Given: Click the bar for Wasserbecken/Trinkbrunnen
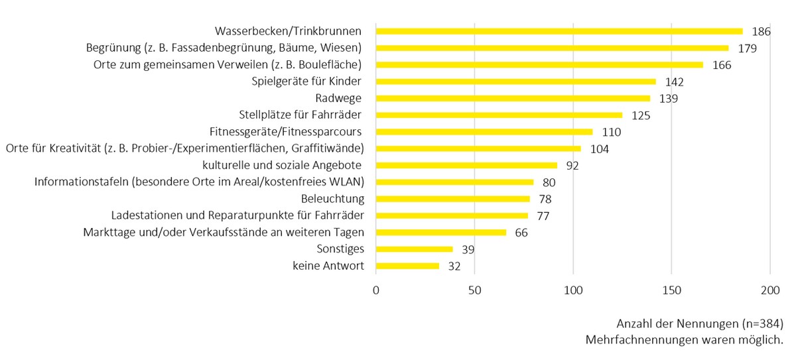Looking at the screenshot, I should click(x=559, y=31).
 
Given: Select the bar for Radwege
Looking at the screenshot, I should click(x=513, y=98).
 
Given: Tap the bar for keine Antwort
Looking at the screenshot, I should click(x=407, y=266).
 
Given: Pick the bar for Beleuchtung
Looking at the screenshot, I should click(x=453, y=199).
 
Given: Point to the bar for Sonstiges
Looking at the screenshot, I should click(x=415, y=249).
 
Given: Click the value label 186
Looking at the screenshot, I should click(x=761, y=32).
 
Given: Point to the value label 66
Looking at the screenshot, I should click(x=522, y=233).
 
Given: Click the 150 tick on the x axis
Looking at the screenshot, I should click(x=671, y=290).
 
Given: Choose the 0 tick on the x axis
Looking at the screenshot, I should click(x=376, y=290).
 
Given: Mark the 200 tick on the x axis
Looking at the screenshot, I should click(x=769, y=290).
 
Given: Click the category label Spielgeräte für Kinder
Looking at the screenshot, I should click(x=306, y=82).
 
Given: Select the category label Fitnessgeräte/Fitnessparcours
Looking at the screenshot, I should click(x=285, y=131).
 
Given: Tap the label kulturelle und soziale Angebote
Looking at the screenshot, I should click(x=286, y=165).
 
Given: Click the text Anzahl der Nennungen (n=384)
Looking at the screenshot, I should click(x=700, y=324).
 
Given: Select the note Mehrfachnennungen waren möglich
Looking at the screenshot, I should click(x=685, y=339).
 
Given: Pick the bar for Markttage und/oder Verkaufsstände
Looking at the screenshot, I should click(x=441, y=233).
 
